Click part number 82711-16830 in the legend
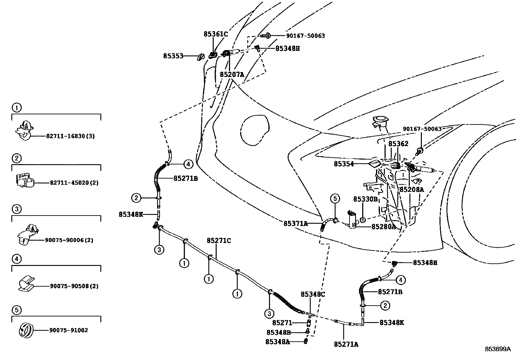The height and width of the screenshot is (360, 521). (68, 136)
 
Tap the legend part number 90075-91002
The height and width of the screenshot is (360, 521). (69, 331)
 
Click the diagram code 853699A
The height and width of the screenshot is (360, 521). (497, 349)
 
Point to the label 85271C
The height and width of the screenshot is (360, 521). (219, 241)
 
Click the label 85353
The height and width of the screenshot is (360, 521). (173, 56)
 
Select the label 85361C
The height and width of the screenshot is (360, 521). (215, 34)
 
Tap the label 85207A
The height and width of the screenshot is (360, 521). (232, 74)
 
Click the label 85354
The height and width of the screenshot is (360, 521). (344, 163)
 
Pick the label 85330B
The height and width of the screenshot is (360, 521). (365, 199)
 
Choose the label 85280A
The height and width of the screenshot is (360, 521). (383, 226)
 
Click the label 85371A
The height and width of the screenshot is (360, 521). (296, 223)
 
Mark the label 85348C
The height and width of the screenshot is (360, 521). (313, 294)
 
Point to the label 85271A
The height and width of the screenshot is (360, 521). (346, 344)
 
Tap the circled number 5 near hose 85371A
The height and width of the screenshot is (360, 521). (335, 199)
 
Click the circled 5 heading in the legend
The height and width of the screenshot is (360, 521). (16, 310)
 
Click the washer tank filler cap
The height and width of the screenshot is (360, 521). (380, 120)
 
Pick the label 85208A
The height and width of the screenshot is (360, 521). (411, 189)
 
